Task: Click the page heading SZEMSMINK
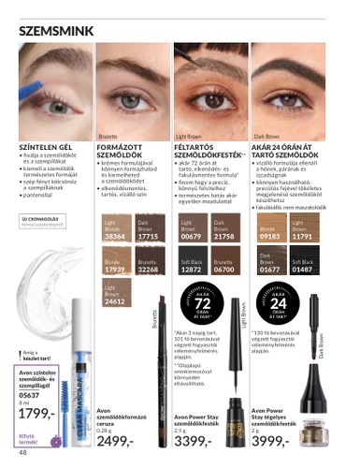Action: pos(55,31)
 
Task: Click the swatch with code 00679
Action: pos(191,230)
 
